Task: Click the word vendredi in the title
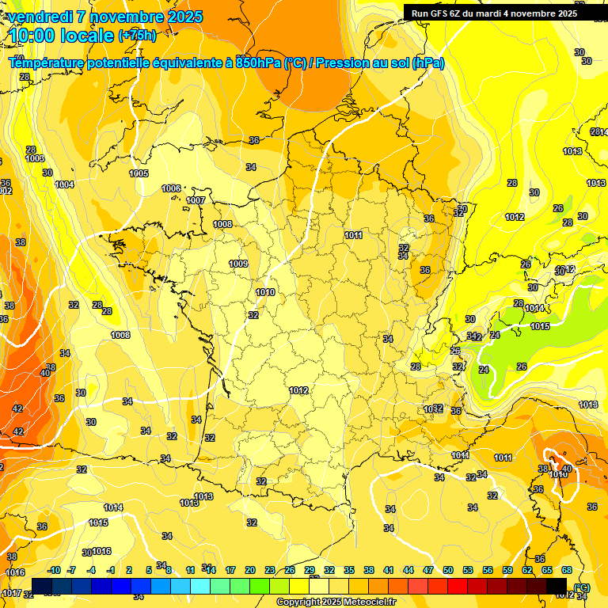36,17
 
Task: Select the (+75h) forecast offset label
137,36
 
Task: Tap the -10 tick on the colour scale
54,571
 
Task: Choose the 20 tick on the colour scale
250,571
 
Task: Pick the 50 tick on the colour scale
448,571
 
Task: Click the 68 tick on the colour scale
566,571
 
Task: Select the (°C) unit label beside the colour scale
582,587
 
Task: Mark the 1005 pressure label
139,173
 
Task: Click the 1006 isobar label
171,188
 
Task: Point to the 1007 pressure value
196,201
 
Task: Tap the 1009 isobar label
238,264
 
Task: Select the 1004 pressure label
65,184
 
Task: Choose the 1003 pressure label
34,159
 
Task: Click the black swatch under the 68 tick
557,585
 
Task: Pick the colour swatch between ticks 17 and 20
240,585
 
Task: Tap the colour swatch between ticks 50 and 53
458,585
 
